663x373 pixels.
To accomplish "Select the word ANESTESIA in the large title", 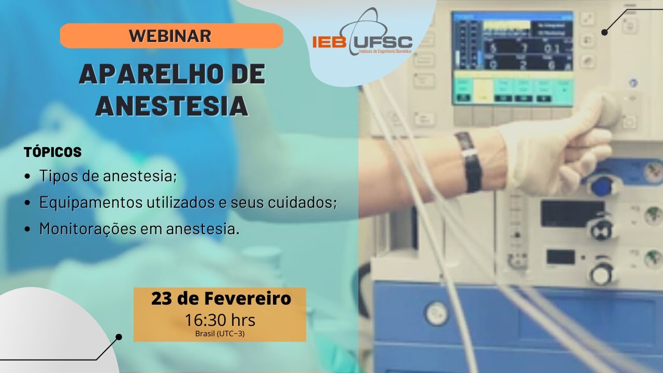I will point(172,105).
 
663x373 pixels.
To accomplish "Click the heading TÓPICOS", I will point(53,152).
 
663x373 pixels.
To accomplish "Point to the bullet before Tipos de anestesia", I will point(27,177).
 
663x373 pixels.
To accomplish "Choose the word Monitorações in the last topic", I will point(88,229).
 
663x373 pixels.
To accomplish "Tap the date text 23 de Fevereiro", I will point(221,298).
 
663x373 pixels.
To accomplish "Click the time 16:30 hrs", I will point(220,320).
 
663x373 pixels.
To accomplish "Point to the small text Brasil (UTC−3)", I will point(220,334).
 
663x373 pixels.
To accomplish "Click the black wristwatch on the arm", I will point(469,161).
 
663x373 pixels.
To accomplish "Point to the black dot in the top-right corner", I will point(604,32).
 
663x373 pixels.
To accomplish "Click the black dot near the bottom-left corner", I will point(119,337).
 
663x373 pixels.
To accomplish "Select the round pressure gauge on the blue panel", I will point(437,313).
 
